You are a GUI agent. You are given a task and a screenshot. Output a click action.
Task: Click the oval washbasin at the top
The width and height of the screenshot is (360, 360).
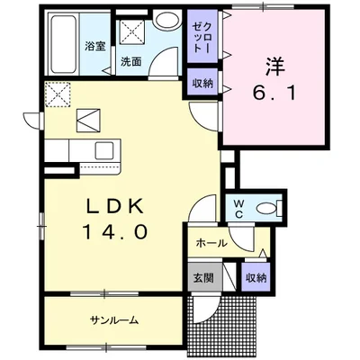[166, 19]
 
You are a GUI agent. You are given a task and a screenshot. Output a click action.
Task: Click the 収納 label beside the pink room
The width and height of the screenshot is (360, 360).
[202, 84]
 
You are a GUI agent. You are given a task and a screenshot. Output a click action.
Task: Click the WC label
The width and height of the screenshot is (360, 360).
[238, 209]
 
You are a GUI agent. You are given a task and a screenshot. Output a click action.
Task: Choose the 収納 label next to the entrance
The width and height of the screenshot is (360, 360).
[256, 279]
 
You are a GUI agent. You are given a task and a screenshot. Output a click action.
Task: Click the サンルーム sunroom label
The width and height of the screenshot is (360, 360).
[113, 320]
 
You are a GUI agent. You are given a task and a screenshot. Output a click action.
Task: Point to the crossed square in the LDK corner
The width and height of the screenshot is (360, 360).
[58, 93]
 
